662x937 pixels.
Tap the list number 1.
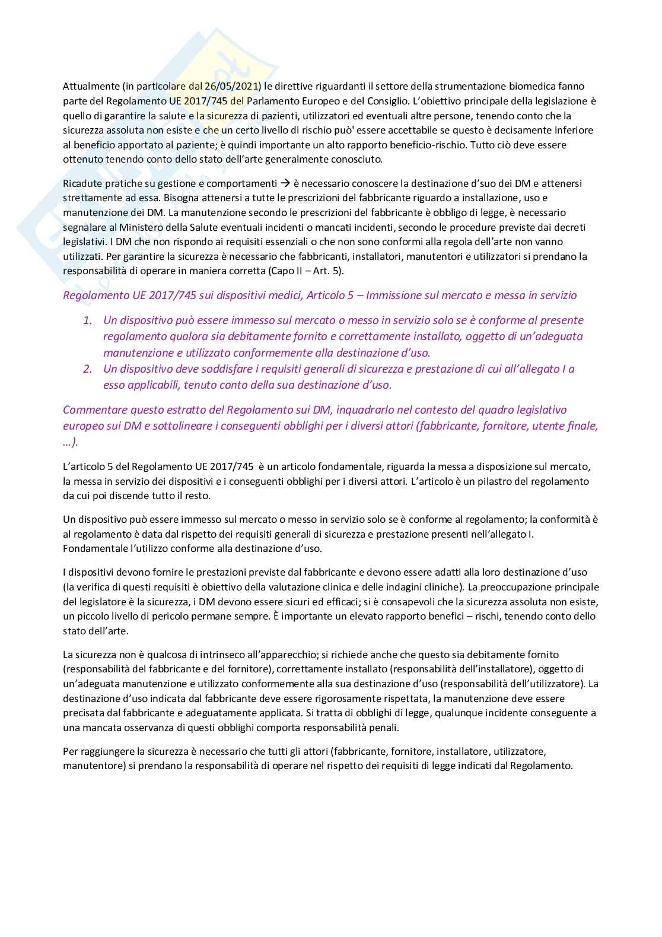[88, 320]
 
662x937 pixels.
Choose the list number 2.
[88, 369]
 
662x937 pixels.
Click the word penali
[385, 728]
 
